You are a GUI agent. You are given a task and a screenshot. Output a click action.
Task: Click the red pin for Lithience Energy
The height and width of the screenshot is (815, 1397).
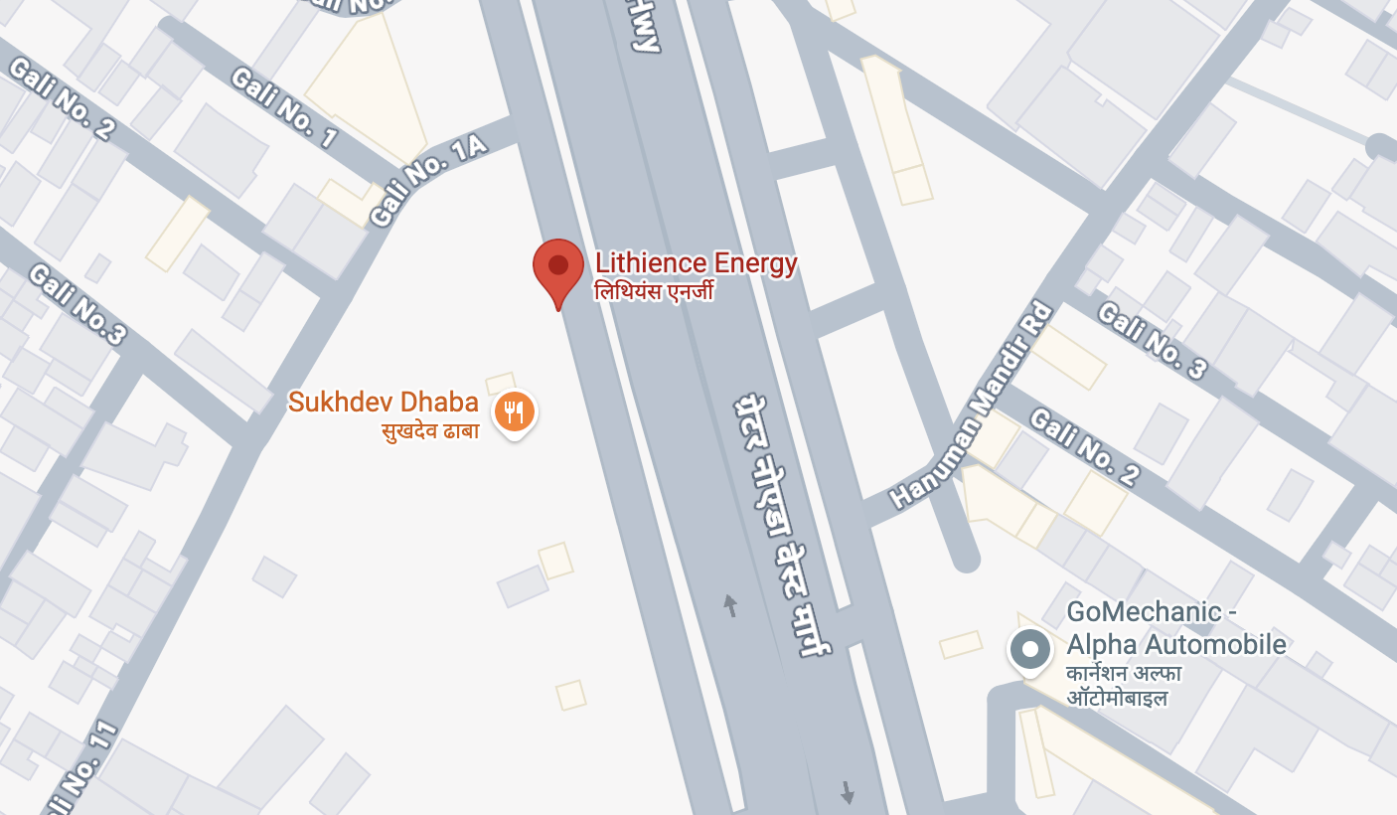tap(558, 267)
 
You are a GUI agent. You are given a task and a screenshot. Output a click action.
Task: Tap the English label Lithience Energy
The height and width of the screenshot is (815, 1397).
tap(696, 263)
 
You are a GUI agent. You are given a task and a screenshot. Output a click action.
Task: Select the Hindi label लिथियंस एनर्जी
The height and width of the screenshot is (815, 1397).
tap(654, 291)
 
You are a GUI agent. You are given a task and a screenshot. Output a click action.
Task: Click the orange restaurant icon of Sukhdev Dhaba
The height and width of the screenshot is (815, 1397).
tap(514, 409)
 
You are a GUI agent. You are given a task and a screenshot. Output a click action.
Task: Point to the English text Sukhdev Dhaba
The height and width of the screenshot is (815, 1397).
tap(384, 403)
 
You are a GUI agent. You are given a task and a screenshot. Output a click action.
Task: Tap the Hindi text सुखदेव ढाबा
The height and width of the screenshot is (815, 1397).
tap(429, 431)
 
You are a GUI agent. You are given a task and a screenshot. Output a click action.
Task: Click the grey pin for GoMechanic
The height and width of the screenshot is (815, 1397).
tap(1030, 650)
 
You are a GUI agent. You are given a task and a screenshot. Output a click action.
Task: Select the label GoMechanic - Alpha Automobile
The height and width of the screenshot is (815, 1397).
tap(1176, 628)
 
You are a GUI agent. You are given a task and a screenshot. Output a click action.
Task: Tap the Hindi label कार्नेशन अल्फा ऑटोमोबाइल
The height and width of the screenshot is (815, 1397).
tap(1124, 685)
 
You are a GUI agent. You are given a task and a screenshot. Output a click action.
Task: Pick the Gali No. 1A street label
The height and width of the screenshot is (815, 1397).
tap(428, 180)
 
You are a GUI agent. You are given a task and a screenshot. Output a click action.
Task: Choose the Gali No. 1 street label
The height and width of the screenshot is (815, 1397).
tap(284, 107)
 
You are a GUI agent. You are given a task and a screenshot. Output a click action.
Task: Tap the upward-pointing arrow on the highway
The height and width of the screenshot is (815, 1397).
tap(730, 604)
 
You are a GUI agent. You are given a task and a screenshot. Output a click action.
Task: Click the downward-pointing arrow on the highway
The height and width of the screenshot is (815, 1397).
tap(847, 792)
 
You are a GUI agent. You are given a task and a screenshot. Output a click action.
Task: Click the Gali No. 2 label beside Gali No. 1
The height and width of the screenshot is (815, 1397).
tap(62, 99)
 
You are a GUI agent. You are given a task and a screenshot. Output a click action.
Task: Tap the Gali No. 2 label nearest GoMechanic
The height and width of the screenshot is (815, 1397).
tap(1084, 446)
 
